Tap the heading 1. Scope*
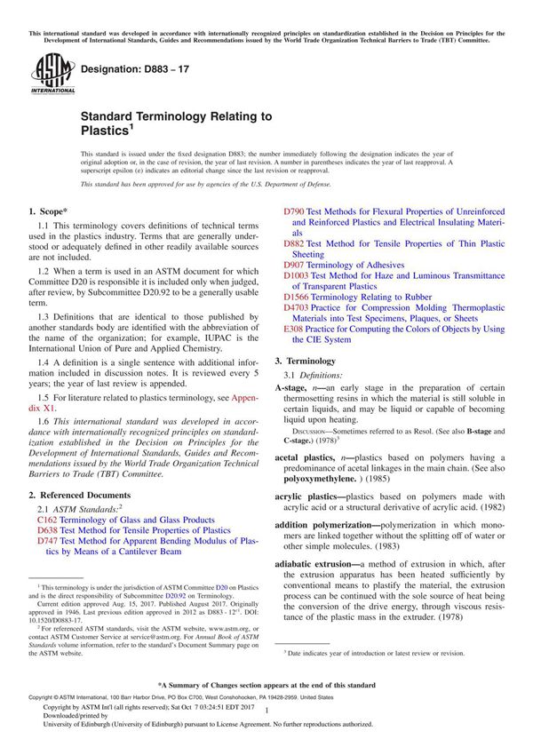click(x=48, y=211)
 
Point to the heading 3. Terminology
click(x=305, y=362)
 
